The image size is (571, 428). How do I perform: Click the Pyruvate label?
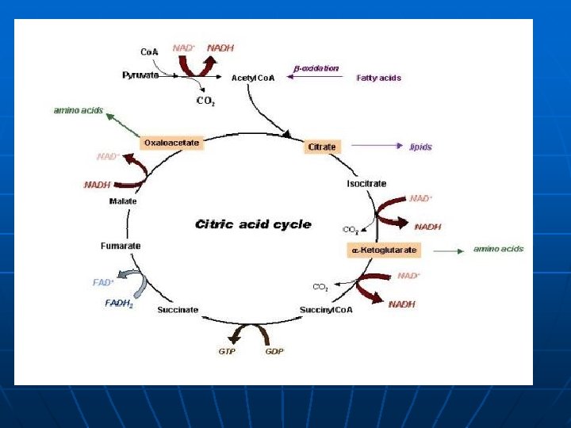pos(140,75)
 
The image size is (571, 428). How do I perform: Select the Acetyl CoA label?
pos(252,78)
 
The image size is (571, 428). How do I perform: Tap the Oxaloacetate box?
pos(171,143)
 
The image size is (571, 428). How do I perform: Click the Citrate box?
pos(322,147)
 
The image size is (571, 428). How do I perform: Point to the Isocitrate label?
pos(366,184)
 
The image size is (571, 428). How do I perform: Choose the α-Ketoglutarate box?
pos(384,250)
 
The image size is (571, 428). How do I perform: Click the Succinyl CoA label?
pos(326,309)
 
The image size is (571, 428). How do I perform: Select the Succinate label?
pos(178,309)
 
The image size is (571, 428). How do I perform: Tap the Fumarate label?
pos(121,246)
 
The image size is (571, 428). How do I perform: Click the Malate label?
pos(123,201)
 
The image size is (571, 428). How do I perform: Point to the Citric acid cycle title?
pos(253,224)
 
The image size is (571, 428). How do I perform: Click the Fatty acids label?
pos(379,78)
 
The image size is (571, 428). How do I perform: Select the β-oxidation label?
pos(316,68)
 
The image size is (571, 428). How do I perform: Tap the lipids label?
pos(420,147)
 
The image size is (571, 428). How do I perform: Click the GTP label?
pos(228,351)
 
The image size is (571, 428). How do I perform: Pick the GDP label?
pos(274,351)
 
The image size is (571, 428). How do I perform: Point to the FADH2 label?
pos(119,304)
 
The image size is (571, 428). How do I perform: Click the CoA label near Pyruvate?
pos(149,52)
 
